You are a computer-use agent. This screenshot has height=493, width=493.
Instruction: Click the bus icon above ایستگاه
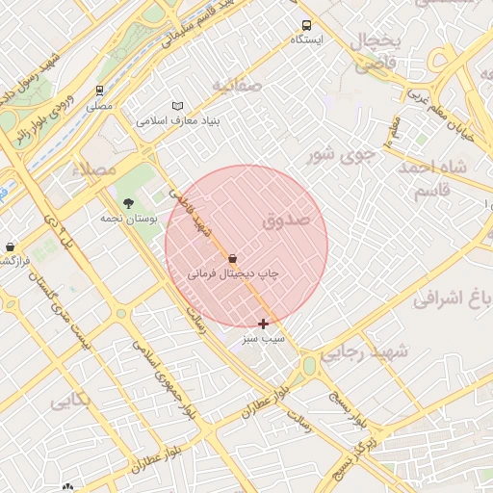(306, 26)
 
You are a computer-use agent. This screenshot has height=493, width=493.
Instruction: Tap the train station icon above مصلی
(100, 91)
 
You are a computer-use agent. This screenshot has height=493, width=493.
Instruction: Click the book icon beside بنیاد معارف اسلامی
(177, 106)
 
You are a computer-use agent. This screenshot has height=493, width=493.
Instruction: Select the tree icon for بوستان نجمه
(129, 202)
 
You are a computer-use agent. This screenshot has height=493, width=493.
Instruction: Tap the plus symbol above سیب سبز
(263, 324)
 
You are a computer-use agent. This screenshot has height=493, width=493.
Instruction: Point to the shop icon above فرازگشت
(10, 246)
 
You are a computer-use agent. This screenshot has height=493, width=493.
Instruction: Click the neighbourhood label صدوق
(286, 221)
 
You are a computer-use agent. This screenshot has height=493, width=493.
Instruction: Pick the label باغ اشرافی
(453, 298)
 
